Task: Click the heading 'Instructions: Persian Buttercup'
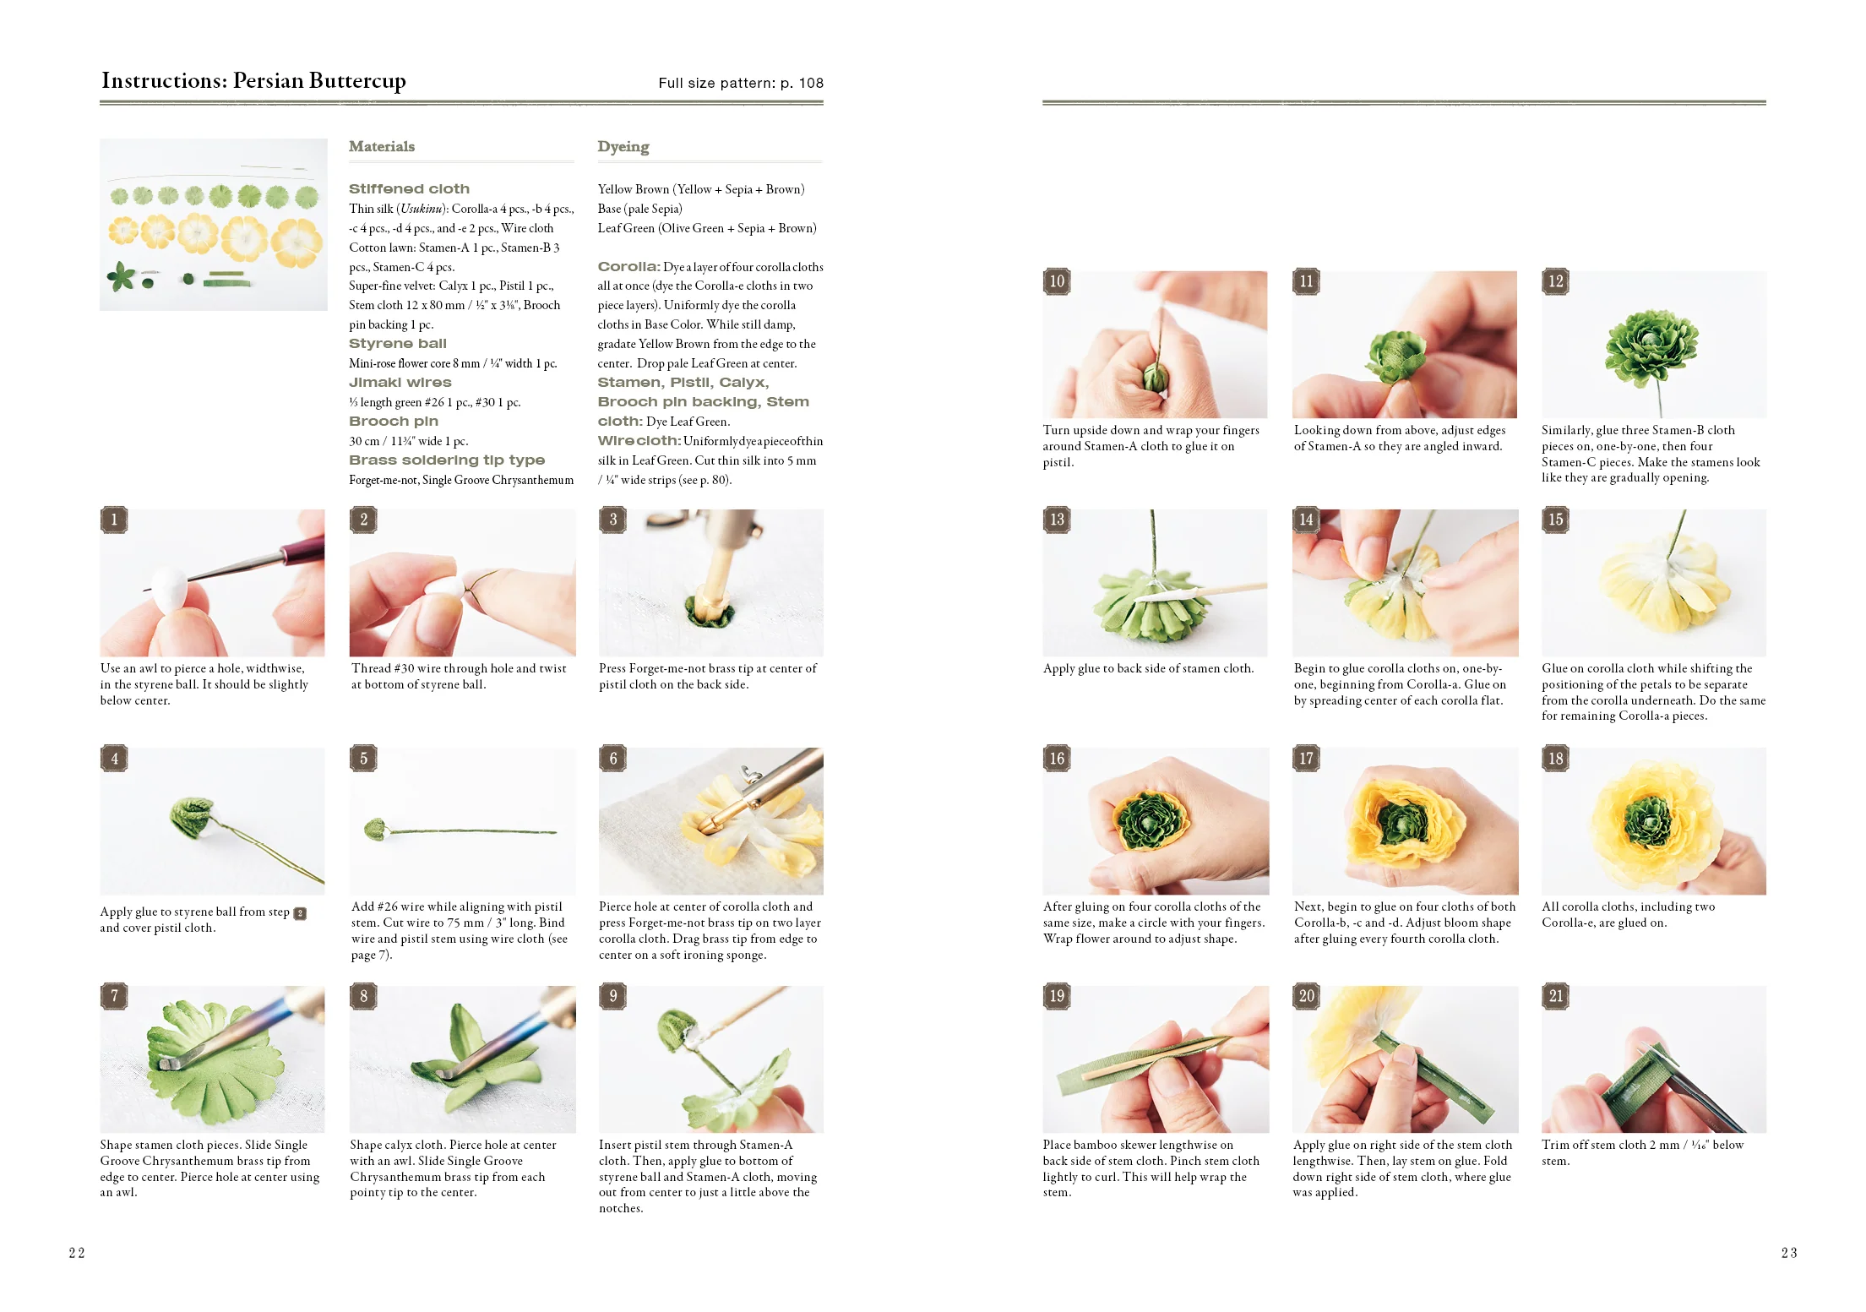(x=253, y=80)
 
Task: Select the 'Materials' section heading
(x=382, y=146)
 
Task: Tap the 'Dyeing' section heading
(x=623, y=146)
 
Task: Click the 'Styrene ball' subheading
(x=398, y=344)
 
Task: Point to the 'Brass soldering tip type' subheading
(x=447, y=460)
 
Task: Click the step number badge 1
(x=114, y=520)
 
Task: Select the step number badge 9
(x=613, y=996)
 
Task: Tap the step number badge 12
(x=1556, y=281)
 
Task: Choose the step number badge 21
(x=1556, y=996)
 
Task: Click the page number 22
(x=77, y=1253)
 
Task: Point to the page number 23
(x=1789, y=1253)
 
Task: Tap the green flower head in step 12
(x=1651, y=346)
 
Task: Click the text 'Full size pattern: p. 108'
(x=741, y=83)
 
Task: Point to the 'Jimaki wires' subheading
(x=400, y=383)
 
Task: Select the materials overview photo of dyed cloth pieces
(x=214, y=225)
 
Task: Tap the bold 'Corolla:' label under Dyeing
(x=628, y=267)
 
